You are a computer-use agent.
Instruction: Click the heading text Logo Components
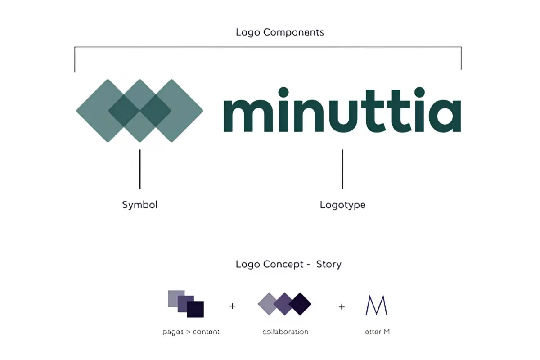tap(279, 32)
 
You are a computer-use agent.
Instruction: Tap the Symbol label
tap(140, 205)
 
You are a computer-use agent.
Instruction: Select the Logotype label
tap(342, 205)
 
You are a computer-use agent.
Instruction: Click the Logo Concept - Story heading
tap(288, 264)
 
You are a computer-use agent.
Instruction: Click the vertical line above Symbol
tap(140, 169)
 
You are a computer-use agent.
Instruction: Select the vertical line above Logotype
tap(342, 169)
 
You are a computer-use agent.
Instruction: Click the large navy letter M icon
tap(376, 305)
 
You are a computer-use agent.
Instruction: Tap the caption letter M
tap(376, 332)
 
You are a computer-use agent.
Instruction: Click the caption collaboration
tap(285, 332)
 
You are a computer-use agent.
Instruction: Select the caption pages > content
tap(191, 332)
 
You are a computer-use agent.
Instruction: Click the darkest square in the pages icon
tap(195, 309)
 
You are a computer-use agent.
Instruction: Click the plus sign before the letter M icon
tap(342, 307)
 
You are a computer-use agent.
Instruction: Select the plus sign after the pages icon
tap(232, 306)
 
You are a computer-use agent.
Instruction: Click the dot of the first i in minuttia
tap(283, 92)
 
